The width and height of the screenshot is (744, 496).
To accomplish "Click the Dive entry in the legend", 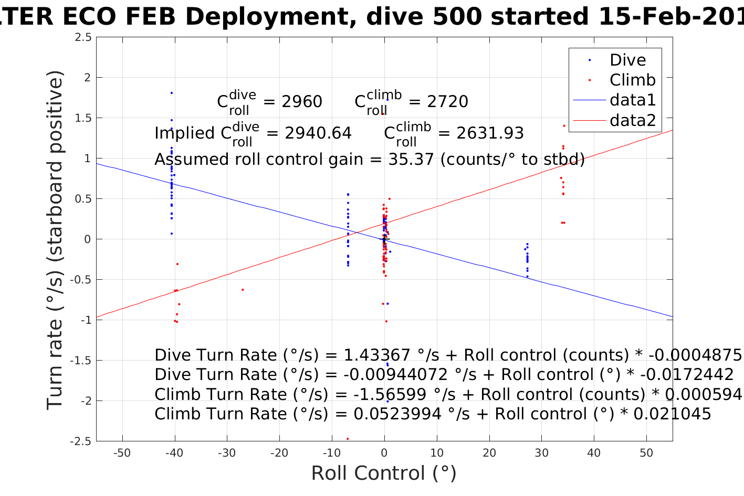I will [627, 60].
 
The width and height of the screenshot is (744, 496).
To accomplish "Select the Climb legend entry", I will [632, 80].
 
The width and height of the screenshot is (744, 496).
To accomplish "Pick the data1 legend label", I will [632, 100].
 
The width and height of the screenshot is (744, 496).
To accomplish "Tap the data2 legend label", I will [632, 120].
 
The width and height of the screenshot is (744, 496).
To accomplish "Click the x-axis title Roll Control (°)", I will [384, 473].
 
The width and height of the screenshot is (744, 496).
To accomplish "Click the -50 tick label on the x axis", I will [122, 453].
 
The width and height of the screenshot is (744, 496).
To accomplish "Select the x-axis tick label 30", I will [541, 453].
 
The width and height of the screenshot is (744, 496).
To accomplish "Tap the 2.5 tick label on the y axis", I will [82, 37].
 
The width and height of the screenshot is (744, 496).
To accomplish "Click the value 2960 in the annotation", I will [302, 101].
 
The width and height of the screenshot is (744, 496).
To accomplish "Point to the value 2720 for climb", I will [447, 101].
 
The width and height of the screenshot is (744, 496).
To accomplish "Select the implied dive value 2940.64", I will [318, 133].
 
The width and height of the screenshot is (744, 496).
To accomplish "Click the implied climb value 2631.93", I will [490, 133].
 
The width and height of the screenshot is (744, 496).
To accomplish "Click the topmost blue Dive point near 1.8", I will [171, 93].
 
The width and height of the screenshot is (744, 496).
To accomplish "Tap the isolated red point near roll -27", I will [243, 290].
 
